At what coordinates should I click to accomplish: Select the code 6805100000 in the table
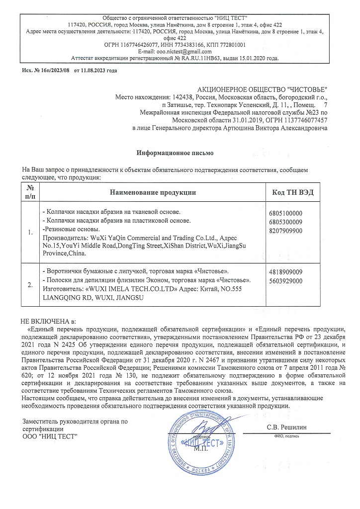pos(285,213)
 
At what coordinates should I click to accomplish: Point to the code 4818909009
pos(285,272)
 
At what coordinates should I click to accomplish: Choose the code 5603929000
pos(285,280)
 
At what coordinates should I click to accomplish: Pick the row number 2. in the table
pos(30,285)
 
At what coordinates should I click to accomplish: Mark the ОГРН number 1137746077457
pos(303,120)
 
